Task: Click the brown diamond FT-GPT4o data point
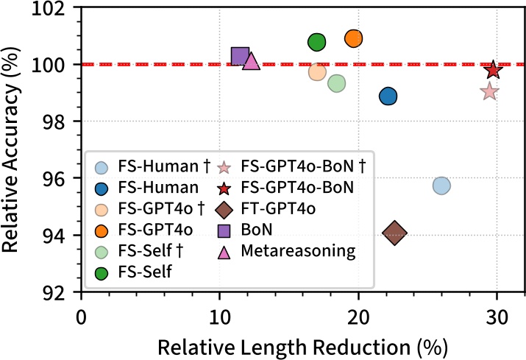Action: point(395,233)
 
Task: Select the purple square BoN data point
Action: point(241,56)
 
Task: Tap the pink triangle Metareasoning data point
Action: point(251,61)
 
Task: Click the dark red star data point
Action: point(493,70)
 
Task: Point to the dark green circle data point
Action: point(316,42)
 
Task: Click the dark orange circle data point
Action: point(354,38)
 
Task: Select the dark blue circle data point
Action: point(388,96)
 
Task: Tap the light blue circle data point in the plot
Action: point(441,186)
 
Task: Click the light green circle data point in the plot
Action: point(337,83)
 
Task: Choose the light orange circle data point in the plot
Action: point(317,72)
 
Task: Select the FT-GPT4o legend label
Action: point(283,209)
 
